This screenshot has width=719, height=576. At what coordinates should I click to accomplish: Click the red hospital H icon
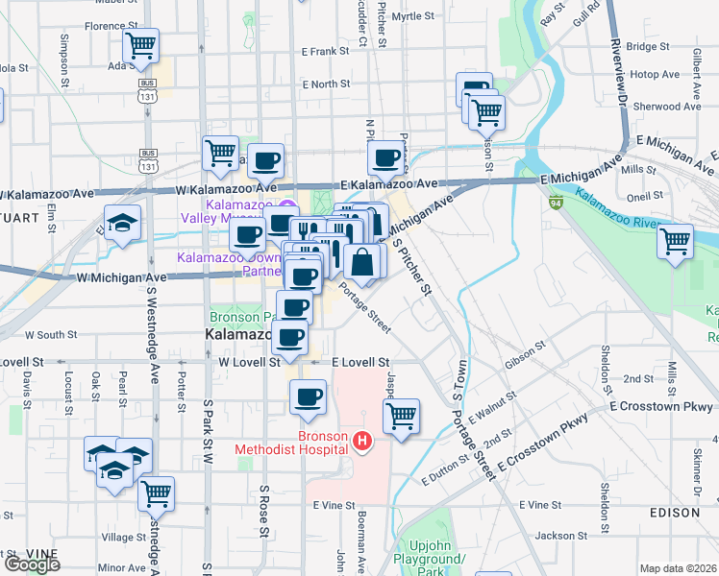pyautogui.click(x=362, y=442)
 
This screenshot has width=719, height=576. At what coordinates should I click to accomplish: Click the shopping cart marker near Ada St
pyautogui.click(x=141, y=45)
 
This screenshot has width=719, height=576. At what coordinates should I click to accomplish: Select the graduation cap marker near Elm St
pyautogui.click(x=123, y=226)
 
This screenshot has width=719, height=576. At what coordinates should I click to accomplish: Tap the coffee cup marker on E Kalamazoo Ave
pyautogui.click(x=386, y=157)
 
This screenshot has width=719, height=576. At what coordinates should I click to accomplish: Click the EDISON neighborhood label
pyautogui.click(x=674, y=513)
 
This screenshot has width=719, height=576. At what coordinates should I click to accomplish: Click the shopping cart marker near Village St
pyautogui.click(x=156, y=493)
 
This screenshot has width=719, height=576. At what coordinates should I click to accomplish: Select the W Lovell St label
pyautogui.click(x=249, y=363)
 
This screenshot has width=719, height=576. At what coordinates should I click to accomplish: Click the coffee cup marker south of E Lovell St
pyautogui.click(x=308, y=396)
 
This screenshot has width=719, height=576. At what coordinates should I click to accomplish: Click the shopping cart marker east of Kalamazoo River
pyautogui.click(x=676, y=240)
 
